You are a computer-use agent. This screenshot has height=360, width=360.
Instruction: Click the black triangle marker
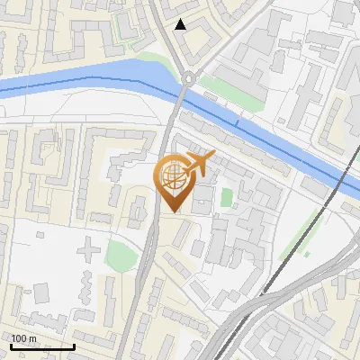click(182, 24)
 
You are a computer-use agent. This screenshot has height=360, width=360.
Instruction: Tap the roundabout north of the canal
click(188, 78)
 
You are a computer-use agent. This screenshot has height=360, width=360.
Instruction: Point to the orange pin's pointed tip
click(174, 211)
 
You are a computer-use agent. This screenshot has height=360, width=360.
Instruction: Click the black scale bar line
click(41, 346)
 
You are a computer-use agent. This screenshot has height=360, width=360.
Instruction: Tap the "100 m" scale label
click(24, 338)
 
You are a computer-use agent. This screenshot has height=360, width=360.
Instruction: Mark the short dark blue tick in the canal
click(237, 120)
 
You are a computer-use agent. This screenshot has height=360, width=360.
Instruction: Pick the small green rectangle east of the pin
click(227, 197)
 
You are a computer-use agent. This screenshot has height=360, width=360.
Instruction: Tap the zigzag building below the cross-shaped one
click(86, 286)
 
